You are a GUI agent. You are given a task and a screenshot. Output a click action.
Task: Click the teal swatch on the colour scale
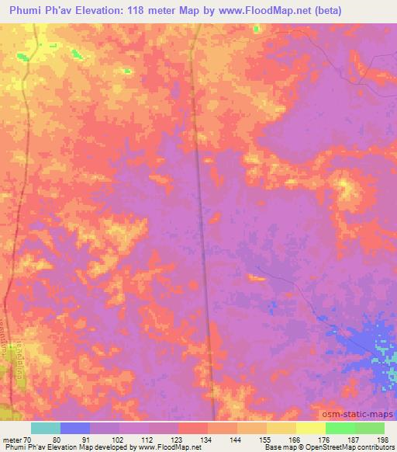(x=46, y=428)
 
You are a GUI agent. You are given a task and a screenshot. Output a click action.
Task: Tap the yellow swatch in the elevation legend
(x=311, y=428)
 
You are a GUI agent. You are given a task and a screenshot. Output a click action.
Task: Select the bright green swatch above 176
(x=340, y=428)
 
